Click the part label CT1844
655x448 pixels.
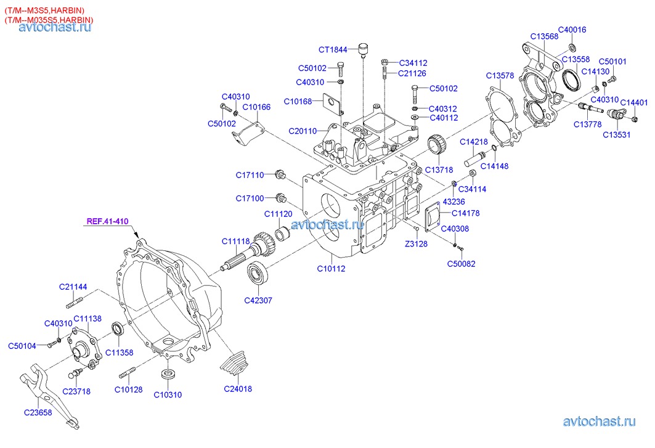coord(333,49)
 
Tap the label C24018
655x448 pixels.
coord(238,389)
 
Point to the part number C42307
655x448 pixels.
coord(258,301)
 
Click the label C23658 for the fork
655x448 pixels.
coord(39,412)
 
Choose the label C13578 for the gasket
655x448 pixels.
coord(500,75)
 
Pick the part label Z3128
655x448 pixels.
coord(415,243)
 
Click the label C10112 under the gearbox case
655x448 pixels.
coord(332,268)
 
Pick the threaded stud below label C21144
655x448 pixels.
coord(73,302)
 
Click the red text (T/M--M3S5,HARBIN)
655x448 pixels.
coord(45,10)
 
